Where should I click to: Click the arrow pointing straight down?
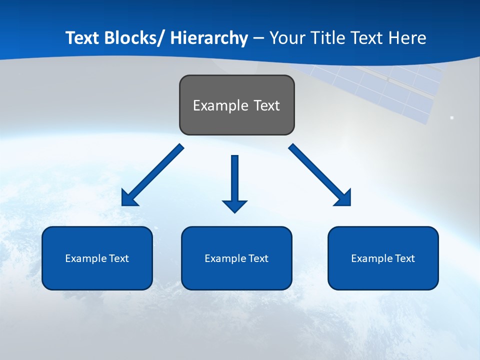click(234, 183)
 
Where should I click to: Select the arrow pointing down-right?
click(320, 175)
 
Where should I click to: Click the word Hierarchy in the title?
click(209, 38)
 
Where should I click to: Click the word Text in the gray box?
click(266, 105)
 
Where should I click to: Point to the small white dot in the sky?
click(452, 118)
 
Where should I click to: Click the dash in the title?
click(258, 38)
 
